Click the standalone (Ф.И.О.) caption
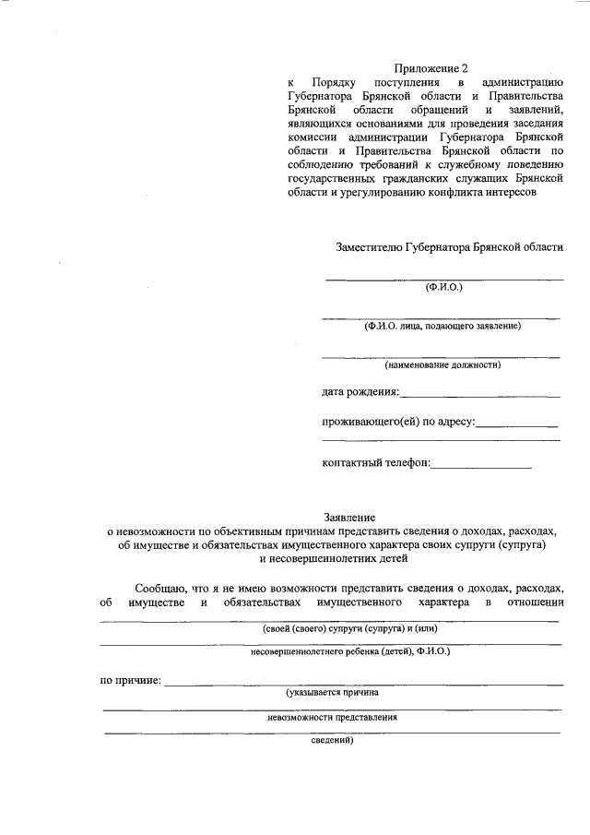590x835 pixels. pyautogui.click(x=442, y=287)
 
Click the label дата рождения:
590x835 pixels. pyautogui.click(x=360, y=393)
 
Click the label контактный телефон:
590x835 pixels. pyautogui.click(x=376, y=462)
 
